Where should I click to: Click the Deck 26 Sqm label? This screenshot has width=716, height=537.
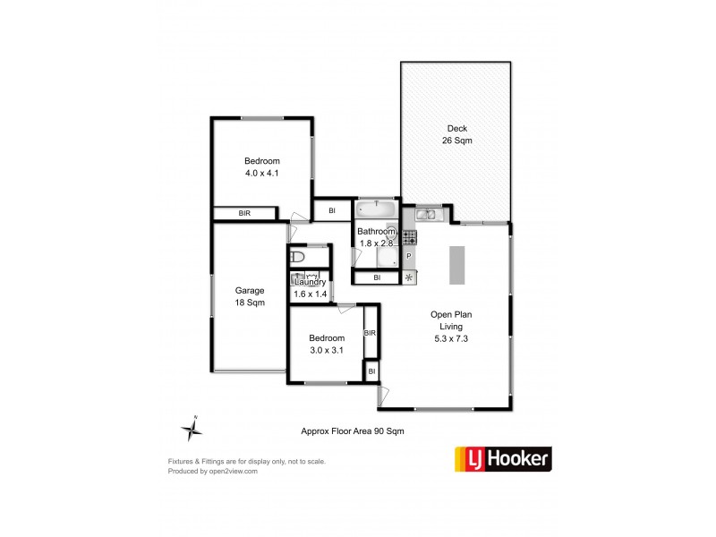coord(456,134)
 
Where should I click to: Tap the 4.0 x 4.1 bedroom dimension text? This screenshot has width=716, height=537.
coord(262,174)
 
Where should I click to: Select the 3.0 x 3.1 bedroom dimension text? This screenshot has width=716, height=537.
coord(326,350)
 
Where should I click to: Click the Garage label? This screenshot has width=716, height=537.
coord(250,291)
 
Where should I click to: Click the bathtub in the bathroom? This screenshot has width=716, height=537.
coord(376,211)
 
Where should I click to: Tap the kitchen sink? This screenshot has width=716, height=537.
coord(425,214)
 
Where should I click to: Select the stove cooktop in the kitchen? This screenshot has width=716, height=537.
coord(409,237)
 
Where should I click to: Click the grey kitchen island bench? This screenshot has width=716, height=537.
coord(456,264)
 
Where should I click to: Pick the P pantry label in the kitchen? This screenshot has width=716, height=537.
coord(409,257)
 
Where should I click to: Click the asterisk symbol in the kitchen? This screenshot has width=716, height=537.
coord(410,277)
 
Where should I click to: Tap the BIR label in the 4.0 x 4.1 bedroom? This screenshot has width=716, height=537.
coord(244,214)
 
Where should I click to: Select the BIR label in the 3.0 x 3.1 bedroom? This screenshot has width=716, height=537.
coord(370,333)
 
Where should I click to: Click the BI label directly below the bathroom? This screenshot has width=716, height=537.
coord(377,278)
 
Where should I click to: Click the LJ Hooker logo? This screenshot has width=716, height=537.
coord(504,460)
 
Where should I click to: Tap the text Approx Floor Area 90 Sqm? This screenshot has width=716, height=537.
coord(353,430)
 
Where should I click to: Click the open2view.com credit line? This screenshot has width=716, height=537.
coord(213,471)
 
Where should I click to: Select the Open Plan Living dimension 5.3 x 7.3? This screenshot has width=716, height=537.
coord(450,338)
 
